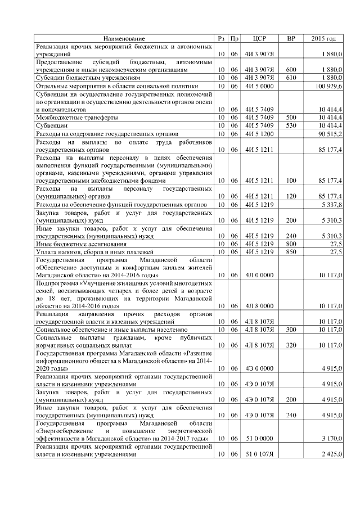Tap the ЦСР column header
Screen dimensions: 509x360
(259, 38)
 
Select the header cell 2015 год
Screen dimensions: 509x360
(323, 38)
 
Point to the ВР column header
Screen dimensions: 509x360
(291, 38)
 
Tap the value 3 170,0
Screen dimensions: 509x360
(331, 437)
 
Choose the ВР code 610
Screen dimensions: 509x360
(291, 77)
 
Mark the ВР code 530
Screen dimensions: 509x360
(291, 125)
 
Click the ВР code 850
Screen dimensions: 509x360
(291, 252)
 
